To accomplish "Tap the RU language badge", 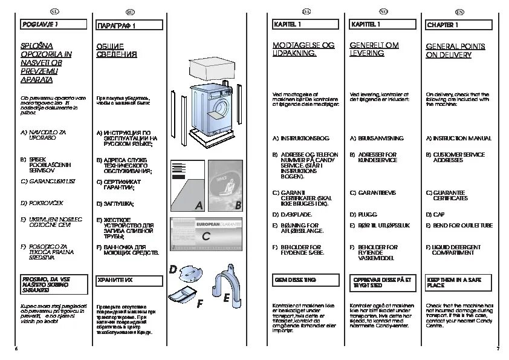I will tap(130, 11).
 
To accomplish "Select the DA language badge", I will tap(306, 11).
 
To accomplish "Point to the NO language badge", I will tap(383, 11).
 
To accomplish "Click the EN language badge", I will tap(459, 11).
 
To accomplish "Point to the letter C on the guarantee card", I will tap(206, 237).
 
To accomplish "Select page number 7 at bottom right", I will tap(498, 349).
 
